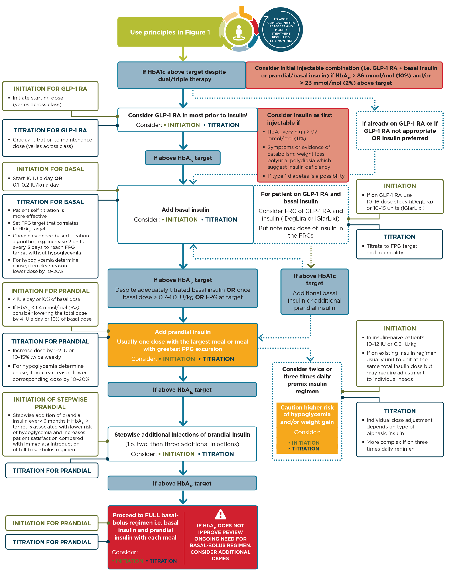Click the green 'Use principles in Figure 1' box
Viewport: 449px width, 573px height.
pos(170,32)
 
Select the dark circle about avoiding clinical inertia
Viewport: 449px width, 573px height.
pos(281,30)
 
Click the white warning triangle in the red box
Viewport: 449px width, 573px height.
pos(220,514)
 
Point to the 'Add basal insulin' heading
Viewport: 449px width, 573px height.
pos(185,210)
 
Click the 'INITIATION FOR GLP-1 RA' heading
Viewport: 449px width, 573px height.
pos(50,89)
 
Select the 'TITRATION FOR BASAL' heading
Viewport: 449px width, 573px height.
pos(50,202)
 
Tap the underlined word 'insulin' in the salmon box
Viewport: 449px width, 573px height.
pos(303,115)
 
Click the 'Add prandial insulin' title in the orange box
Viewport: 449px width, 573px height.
pos(182,332)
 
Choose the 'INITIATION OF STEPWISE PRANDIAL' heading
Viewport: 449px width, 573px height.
pos(50,403)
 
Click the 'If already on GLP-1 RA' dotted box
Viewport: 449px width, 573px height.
pos(400,131)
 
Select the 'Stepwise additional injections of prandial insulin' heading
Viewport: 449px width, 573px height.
pos(182,435)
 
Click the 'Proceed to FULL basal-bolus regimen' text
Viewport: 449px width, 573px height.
pos(145,526)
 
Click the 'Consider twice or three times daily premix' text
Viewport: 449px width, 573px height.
pos(307,380)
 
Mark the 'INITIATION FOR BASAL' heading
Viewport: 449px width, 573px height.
pos(50,169)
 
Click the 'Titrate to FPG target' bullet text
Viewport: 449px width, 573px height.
pos(392,249)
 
